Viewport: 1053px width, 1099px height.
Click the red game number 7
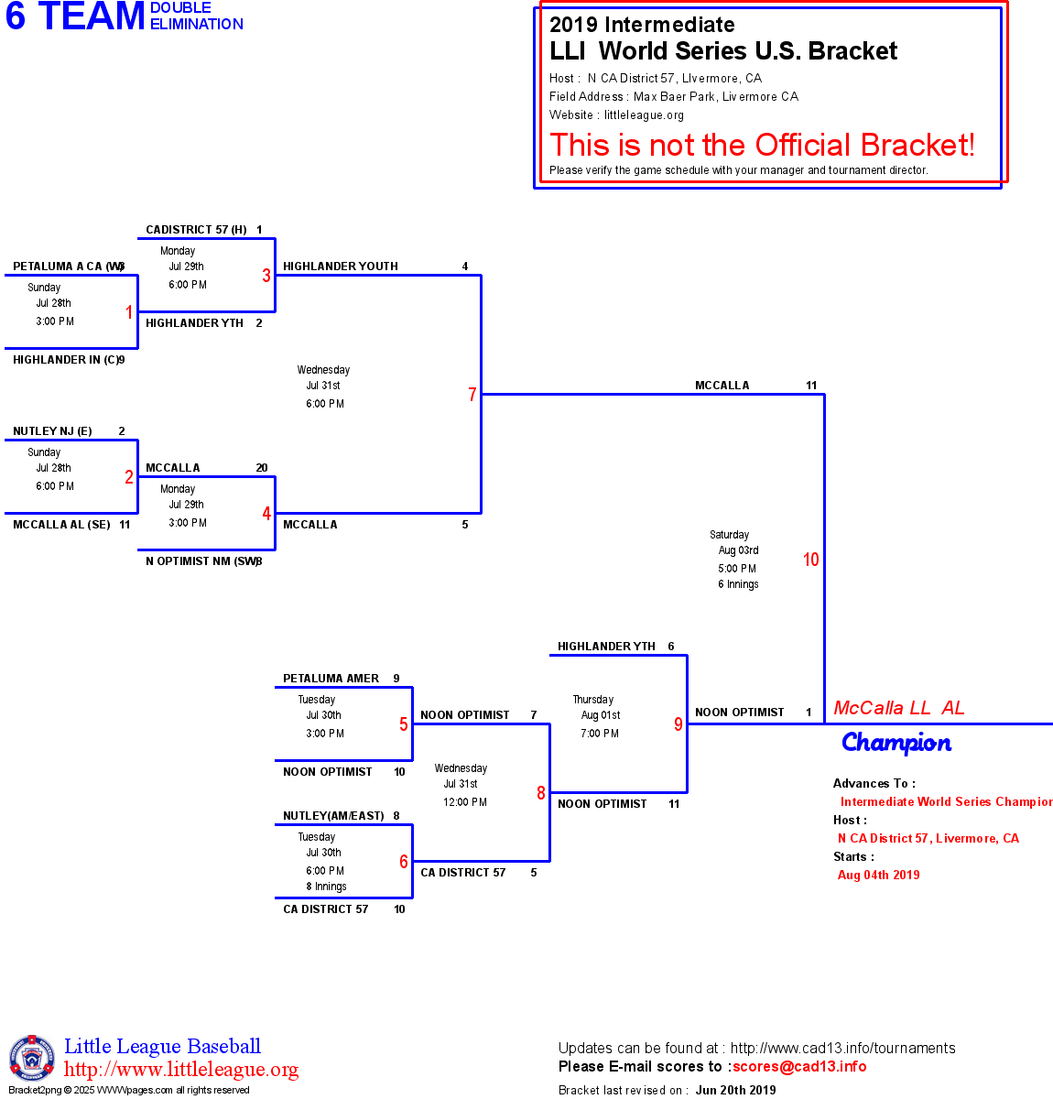coord(472,395)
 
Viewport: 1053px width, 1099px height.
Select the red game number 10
coord(810,560)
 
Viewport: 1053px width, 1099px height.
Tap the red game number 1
coord(129,312)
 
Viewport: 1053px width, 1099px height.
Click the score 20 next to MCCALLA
coord(262,468)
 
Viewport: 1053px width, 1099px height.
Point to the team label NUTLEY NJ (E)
coord(52,431)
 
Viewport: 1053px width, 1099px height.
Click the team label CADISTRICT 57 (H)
coord(196,230)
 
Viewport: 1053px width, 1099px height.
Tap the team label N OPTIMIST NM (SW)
coord(201,561)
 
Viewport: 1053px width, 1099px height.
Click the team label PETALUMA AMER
coord(331,679)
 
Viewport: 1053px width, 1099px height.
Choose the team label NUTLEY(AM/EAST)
coord(333,816)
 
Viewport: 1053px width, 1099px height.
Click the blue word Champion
coord(896,743)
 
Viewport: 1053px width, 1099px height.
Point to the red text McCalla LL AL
coord(898,708)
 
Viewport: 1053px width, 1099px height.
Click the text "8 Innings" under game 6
coord(326,887)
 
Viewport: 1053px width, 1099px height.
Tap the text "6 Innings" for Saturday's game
coord(738,584)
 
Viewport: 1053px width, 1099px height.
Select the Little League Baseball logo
coord(32,1058)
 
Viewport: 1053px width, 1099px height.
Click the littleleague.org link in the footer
coord(181,1070)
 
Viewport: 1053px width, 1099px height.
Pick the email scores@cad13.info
coord(799,1066)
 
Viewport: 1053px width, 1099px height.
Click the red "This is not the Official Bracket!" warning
coord(762,145)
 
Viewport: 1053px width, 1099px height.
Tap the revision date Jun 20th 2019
coord(735,1090)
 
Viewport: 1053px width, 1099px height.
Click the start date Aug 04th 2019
coord(878,875)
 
